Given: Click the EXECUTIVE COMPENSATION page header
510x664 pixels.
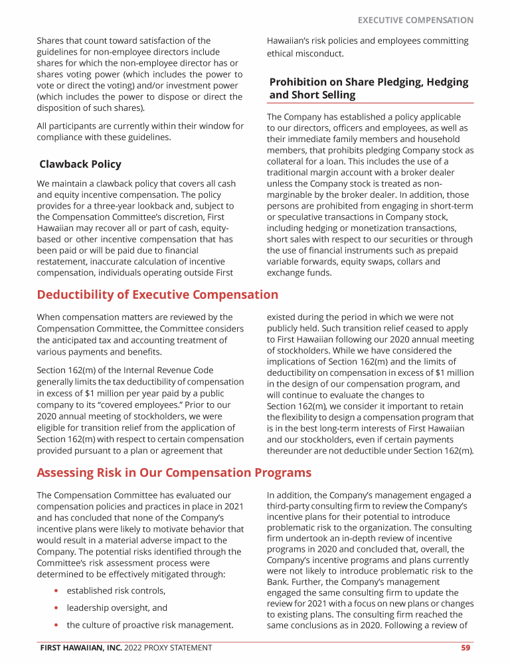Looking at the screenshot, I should (416, 21).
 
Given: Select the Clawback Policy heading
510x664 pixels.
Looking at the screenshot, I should (80, 164).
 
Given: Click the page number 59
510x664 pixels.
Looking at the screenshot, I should (466, 647).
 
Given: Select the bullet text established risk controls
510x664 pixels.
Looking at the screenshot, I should (116, 590).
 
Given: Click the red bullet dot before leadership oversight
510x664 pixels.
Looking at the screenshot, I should (58, 608).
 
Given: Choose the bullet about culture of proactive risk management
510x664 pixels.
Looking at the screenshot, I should (150, 625).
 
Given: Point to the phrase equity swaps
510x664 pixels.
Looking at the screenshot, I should (375, 262).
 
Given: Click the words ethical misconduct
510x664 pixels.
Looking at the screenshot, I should (305, 53).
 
